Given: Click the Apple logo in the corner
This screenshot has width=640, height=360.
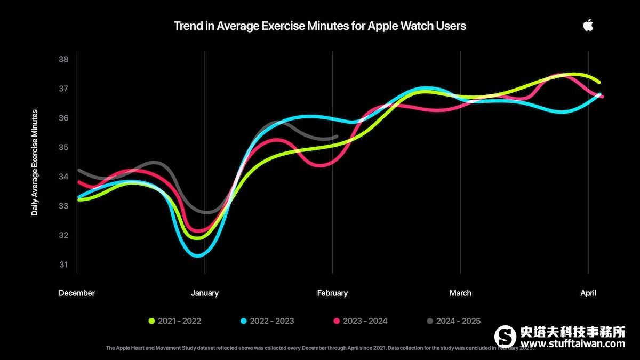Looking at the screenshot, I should (x=588, y=25).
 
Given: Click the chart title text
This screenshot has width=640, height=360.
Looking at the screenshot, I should (x=319, y=26).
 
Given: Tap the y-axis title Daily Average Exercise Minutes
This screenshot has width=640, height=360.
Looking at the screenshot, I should (x=35, y=162).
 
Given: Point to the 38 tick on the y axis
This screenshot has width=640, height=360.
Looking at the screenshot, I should (x=63, y=59).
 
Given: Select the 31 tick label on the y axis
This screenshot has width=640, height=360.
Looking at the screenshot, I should (x=63, y=265).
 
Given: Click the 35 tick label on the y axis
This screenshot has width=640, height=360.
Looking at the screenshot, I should (x=63, y=147).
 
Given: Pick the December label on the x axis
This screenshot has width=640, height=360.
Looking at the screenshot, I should (x=77, y=293).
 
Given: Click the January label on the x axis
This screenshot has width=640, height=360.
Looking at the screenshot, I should (x=205, y=293).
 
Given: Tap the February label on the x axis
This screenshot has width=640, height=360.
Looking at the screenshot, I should (x=332, y=293).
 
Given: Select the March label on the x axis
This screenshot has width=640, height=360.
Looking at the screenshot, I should (x=460, y=293).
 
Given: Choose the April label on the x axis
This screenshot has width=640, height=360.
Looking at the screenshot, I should (x=588, y=293).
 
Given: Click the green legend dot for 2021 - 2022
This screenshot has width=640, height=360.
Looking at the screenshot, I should (x=151, y=321).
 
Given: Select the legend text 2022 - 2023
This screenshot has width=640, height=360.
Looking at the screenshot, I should (x=271, y=321).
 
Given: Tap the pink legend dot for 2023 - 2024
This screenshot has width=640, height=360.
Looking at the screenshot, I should (x=337, y=321).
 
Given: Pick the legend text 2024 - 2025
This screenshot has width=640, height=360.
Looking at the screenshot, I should (x=458, y=321).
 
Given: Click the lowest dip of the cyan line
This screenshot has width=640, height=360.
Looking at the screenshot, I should (x=198, y=256).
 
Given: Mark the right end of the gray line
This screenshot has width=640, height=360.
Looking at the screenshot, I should (x=337, y=137).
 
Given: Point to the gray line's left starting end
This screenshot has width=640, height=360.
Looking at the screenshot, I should (x=79, y=170).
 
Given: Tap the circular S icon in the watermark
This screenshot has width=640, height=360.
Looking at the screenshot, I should (x=505, y=337).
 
